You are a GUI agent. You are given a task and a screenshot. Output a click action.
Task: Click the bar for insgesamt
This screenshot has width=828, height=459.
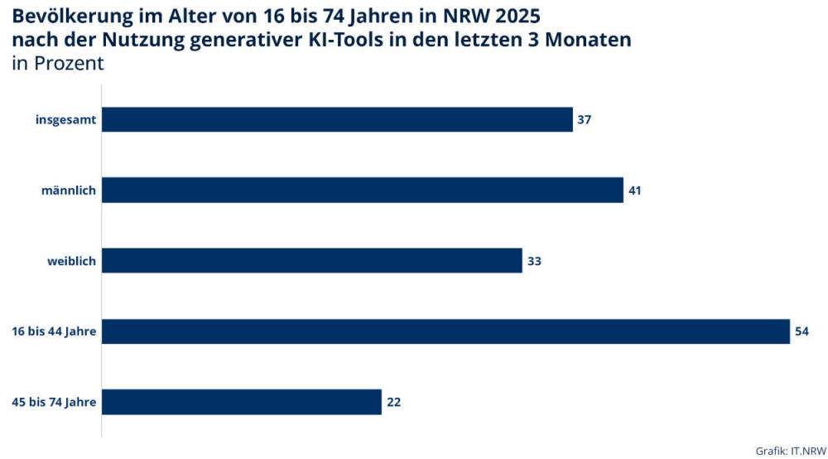(x=337, y=119)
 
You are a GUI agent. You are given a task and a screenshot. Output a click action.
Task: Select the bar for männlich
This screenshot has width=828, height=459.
(x=362, y=190)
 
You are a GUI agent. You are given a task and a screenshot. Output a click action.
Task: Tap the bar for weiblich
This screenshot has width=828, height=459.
(x=311, y=261)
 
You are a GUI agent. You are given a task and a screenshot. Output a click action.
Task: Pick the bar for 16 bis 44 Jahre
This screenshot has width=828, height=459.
(x=445, y=331)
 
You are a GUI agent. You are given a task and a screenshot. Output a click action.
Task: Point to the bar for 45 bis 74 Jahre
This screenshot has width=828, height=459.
(x=241, y=403)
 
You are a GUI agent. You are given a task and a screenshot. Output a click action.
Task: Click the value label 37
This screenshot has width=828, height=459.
(x=585, y=119)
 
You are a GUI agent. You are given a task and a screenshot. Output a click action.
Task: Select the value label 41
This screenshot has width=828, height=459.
(x=635, y=190)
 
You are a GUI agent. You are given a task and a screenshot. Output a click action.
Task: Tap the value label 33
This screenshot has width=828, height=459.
(x=534, y=261)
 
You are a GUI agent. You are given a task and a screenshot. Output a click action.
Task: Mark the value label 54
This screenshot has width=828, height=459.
(x=802, y=331)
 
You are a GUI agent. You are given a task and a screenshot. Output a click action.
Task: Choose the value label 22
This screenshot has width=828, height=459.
(x=393, y=403)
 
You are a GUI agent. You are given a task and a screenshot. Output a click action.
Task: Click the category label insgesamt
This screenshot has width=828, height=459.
(x=66, y=120)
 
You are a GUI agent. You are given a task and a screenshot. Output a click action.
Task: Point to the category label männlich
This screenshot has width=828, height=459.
(x=69, y=191)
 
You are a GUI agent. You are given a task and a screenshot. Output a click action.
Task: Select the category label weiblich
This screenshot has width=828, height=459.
(x=71, y=262)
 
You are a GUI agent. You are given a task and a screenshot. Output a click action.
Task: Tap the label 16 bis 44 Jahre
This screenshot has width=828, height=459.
(x=54, y=332)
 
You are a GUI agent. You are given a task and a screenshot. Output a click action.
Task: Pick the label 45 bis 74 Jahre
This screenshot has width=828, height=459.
(x=54, y=403)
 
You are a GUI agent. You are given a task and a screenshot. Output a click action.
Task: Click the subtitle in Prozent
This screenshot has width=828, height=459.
(x=58, y=64)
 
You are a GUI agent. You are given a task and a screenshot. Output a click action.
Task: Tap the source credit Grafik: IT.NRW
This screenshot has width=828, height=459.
(x=790, y=450)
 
